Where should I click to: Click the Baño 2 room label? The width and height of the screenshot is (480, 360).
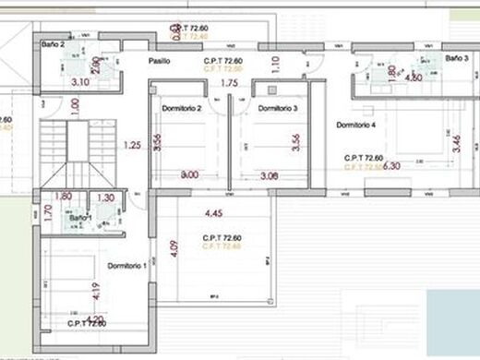tap(53, 43)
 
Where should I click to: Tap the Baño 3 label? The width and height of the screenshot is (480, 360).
tap(457, 58)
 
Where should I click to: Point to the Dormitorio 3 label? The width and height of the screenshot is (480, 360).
tap(277, 108)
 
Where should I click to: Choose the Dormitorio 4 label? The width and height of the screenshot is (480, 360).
tap(355, 125)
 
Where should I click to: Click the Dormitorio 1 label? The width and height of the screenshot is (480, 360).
tap(126, 266)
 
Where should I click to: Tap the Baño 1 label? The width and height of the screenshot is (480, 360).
tap(79, 218)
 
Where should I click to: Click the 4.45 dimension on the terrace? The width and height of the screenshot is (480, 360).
tap(214, 214)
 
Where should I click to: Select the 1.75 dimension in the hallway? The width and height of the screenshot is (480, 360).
tap(230, 83)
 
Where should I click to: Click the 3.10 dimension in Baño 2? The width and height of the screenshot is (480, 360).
tap(80, 81)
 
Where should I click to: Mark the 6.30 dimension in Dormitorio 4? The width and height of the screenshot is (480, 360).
tap(391, 166)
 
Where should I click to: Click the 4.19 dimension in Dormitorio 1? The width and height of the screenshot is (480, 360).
tap(95, 294)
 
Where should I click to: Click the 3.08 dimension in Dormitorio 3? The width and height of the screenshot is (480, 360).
tap(270, 175)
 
